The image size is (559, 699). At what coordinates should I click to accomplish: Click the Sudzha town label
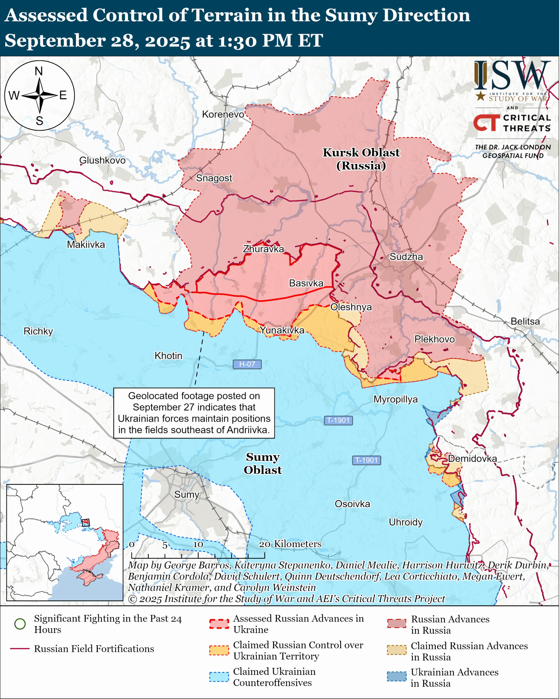pyautogui.click(x=406, y=257)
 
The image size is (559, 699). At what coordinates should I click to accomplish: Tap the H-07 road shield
pyautogui.click(x=247, y=364)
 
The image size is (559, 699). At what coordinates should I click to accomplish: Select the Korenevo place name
pyautogui.click(x=223, y=114)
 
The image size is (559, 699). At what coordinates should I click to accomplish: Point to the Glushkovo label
pyautogui.click(x=102, y=160)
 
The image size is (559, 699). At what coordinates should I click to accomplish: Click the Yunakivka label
pyautogui.click(x=282, y=330)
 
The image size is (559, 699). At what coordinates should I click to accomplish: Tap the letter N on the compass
pyautogui.click(x=39, y=71)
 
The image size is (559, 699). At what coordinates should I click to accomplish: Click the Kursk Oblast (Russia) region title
pyautogui.click(x=361, y=159)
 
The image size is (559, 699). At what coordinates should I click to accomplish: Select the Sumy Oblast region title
pyautogui.click(x=263, y=463)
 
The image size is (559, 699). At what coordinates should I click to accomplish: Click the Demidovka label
pyautogui.click(x=472, y=458)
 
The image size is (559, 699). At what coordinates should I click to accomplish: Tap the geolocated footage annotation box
pyautogui.click(x=194, y=413)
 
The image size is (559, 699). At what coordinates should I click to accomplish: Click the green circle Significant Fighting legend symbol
pyautogui.click(x=20, y=623)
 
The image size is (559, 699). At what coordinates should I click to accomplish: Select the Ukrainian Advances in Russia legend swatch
pyautogui.click(x=397, y=676)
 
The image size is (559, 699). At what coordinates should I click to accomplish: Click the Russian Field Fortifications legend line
pyautogui.click(x=20, y=649)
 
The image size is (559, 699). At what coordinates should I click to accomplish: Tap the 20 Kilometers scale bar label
pyautogui.click(x=290, y=544)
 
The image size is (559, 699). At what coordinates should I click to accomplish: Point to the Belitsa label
pyautogui.click(x=525, y=321)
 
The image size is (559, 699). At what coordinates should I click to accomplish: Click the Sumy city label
pyautogui.click(x=186, y=494)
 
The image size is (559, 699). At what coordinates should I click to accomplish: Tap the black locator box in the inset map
pyautogui.click(x=85, y=523)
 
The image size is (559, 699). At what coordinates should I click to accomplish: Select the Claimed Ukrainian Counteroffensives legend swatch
pyautogui.click(x=219, y=677)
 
